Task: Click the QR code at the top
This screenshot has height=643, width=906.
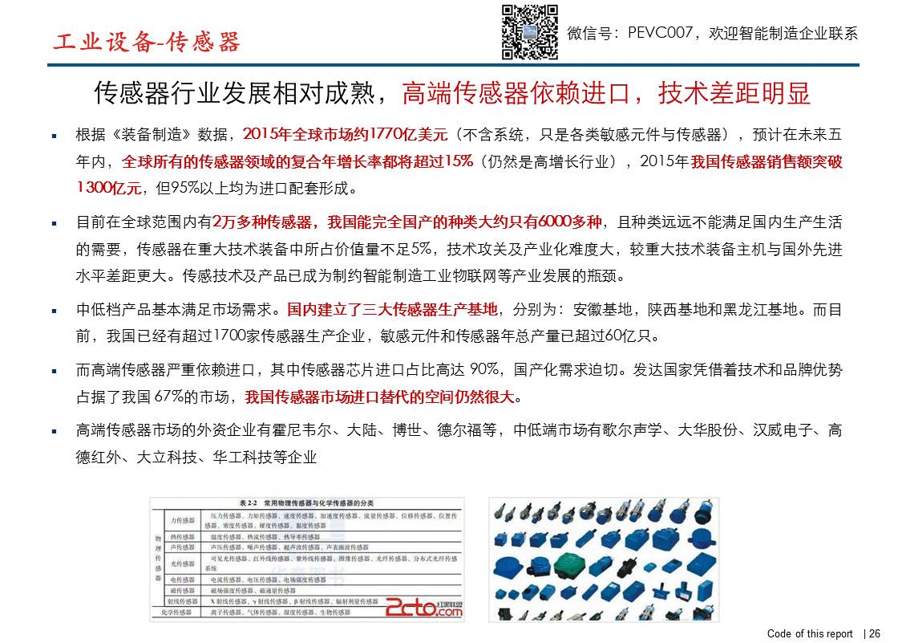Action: pyautogui.click(x=529, y=32)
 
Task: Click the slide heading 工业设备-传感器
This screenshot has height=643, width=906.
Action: pyautogui.click(x=147, y=43)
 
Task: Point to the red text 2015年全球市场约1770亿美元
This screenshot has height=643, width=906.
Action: pyautogui.click(x=345, y=134)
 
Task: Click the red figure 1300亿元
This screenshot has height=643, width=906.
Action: pyautogui.click(x=109, y=189)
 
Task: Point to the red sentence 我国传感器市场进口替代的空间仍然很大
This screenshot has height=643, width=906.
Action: pyautogui.click(x=382, y=397)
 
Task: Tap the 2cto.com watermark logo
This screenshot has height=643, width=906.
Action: pyautogui.click(x=424, y=608)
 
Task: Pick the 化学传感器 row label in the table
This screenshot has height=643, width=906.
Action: pyautogui.click(x=172, y=612)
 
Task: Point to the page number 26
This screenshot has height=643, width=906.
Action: pyautogui.click(x=875, y=633)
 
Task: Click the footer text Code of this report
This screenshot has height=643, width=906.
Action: pyautogui.click(x=810, y=633)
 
